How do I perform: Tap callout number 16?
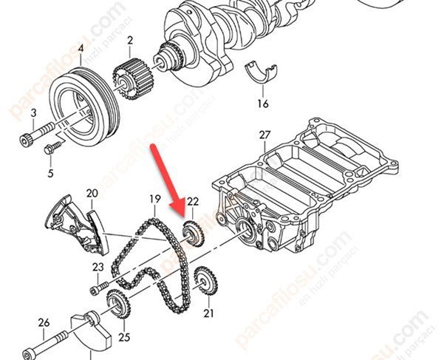(263, 104)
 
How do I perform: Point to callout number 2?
(130, 40)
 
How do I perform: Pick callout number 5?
(51, 174)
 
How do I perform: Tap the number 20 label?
(92, 194)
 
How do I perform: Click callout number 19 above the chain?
(154, 199)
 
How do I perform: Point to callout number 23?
(98, 267)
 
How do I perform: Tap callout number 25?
(123, 337)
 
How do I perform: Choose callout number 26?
(43, 322)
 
